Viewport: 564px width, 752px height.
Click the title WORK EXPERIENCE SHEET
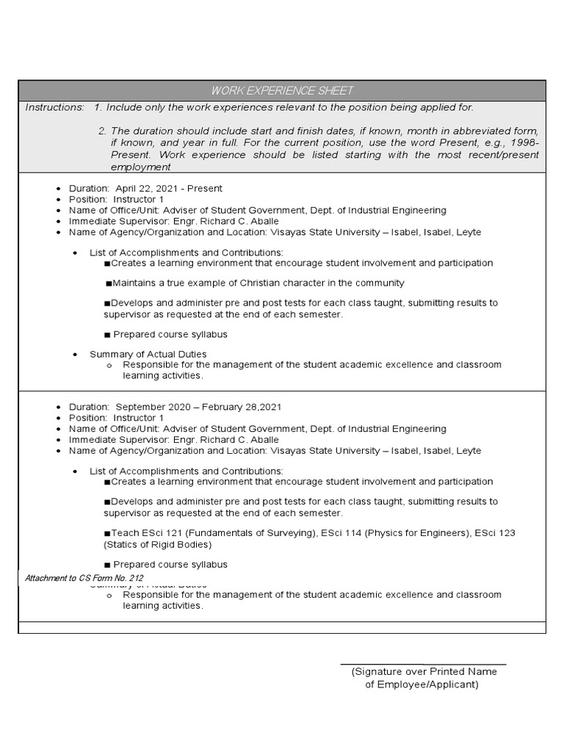pyautogui.click(x=282, y=91)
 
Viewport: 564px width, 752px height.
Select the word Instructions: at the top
pyautogui.click(x=54, y=107)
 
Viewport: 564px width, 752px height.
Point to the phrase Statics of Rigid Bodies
pyautogui.click(x=157, y=545)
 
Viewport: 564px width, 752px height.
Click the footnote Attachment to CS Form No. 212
pyautogui.click(x=84, y=579)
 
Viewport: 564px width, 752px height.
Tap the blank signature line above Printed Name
pyautogui.click(x=423, y=664)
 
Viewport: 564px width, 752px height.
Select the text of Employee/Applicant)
pyautogui.click(x=422, y=684)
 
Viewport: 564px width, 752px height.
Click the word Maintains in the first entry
pyautogui.click(x=137, y=283)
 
